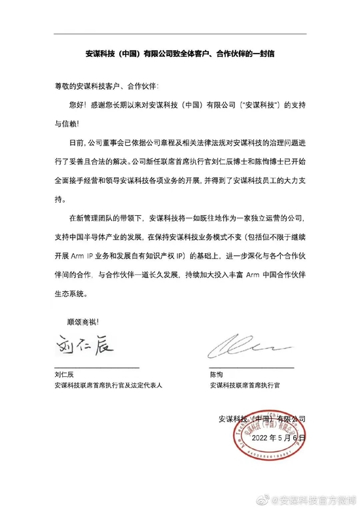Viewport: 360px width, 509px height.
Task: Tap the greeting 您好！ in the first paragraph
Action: pos(78,104)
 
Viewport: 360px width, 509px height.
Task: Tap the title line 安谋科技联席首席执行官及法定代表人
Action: pos(108,387)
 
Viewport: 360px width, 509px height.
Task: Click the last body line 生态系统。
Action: pos(72,294)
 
